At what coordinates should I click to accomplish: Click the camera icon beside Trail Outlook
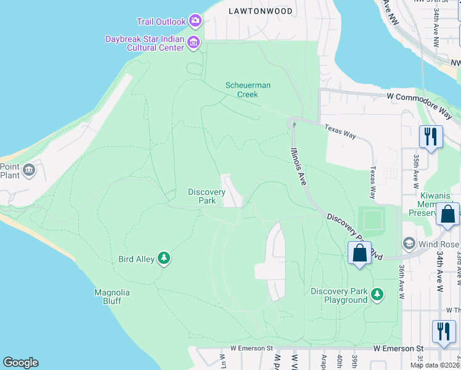[195, 22]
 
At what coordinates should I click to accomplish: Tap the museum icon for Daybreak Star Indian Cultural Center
[194, 43]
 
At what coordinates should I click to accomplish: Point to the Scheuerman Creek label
[247, 90]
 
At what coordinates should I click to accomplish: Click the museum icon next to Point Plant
[28, 170]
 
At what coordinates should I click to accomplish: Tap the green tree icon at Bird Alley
[163, 258]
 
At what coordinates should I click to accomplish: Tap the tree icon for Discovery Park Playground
[377, 295]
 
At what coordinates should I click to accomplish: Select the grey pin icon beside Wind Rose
[408, 243]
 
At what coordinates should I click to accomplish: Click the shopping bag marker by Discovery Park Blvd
[359, 253]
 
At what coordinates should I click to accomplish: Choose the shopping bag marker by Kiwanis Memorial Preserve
[447, 215]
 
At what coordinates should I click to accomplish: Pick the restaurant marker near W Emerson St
[443, 331]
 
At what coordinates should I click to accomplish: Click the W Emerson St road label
[251, 348]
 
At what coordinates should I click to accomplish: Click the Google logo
[20, 363]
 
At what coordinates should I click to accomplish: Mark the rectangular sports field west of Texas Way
[372, 219]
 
